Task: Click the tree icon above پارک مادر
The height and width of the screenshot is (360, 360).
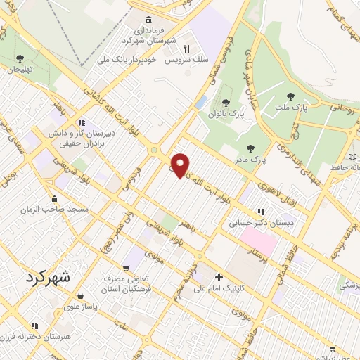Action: pos(250,148)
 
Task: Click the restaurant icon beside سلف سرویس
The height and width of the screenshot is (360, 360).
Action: pos(187,49)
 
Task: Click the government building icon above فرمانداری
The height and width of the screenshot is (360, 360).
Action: pos(148,20)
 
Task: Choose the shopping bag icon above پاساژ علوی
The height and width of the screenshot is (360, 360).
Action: pos(82,295)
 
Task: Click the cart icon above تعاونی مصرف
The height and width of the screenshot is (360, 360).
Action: pos(125,267)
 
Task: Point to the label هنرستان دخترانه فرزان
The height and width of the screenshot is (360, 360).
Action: pos(46,338)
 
